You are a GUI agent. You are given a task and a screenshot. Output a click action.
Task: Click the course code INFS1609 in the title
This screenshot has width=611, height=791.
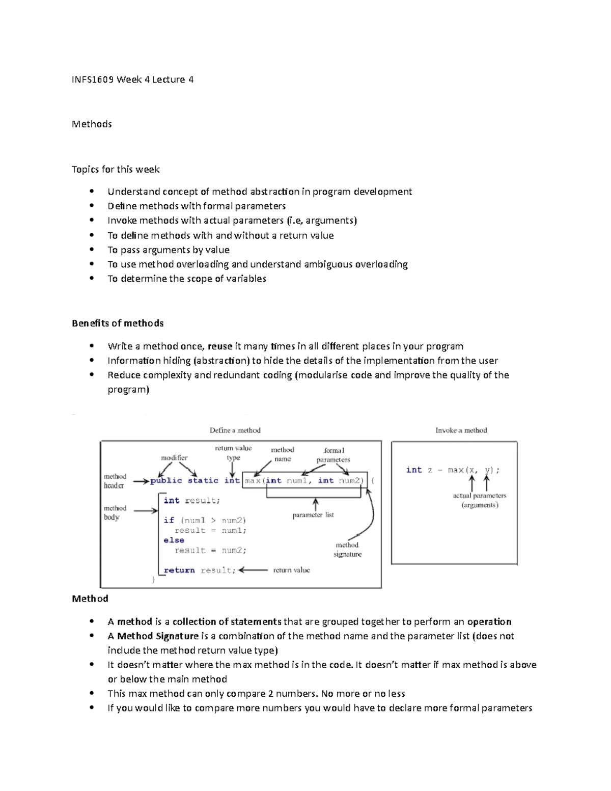click(x=93, y=79)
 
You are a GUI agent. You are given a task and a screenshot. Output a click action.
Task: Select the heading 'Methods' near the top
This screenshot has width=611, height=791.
click(x=92, y=124)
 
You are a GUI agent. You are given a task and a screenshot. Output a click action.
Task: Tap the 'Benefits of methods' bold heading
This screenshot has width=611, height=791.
click(x=118, y=323)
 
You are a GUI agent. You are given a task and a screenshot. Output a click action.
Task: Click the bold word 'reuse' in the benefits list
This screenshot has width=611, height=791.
click(x=220, y=346)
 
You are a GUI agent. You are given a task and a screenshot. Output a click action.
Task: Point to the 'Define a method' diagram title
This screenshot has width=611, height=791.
click(x=235, y=430)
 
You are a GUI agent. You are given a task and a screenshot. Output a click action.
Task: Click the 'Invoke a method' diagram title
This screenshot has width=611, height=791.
click(x=461, y=430)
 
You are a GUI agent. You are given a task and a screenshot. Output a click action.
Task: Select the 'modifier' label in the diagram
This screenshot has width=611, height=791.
click(x=174, y=458)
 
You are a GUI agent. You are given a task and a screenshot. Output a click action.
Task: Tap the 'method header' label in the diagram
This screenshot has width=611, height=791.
click(x=115, y=481)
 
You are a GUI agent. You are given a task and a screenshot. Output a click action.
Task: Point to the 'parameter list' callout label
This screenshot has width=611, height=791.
click(x=313, y=515)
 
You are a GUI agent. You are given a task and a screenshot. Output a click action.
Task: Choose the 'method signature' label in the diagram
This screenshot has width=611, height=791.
click(x=347, y=550)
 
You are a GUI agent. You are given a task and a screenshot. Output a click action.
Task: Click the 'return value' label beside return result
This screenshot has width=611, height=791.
click(x=291, y=570)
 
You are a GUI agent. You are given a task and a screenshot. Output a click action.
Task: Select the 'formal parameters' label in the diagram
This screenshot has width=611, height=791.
click(x=334, y=455)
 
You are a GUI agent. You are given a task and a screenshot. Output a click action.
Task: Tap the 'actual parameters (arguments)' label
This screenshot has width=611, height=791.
click(x=480, y=500)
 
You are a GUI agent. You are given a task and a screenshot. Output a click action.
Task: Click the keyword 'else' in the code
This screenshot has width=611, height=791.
click(x=174, y=540)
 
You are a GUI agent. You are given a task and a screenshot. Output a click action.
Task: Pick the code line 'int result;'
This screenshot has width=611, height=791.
click(x=191, y=501)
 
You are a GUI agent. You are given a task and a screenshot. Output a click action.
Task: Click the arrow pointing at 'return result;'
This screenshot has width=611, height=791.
click(x=253, y=570)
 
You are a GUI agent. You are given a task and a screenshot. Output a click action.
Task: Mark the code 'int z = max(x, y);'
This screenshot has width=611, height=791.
click(x=453, y=470)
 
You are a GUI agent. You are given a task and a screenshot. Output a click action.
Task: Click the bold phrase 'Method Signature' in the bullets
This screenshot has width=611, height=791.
click(x=158, y=636)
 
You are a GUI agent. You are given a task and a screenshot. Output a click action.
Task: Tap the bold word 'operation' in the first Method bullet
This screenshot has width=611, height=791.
click(x=489, y=622)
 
